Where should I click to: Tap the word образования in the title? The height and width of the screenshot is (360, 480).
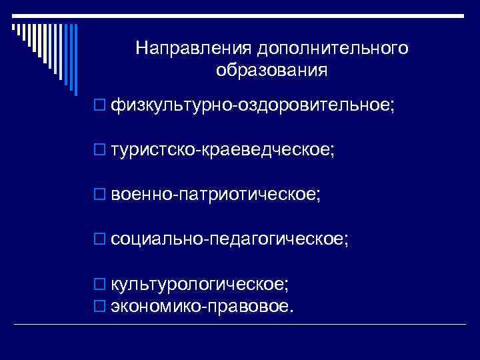coord(271,70)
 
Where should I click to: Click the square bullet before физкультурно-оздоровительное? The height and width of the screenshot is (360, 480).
coord(100,105)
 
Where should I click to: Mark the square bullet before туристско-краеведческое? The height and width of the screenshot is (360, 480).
coord(100,150)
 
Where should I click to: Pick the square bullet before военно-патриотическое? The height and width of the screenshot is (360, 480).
coord(100,195)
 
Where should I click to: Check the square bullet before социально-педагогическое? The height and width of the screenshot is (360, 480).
coord(100,239)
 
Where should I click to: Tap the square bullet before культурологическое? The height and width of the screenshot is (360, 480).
coord(100,285)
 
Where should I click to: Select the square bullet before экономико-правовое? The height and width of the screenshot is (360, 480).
coord(100,307)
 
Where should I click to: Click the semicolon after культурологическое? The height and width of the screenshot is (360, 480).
coord(287,286)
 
